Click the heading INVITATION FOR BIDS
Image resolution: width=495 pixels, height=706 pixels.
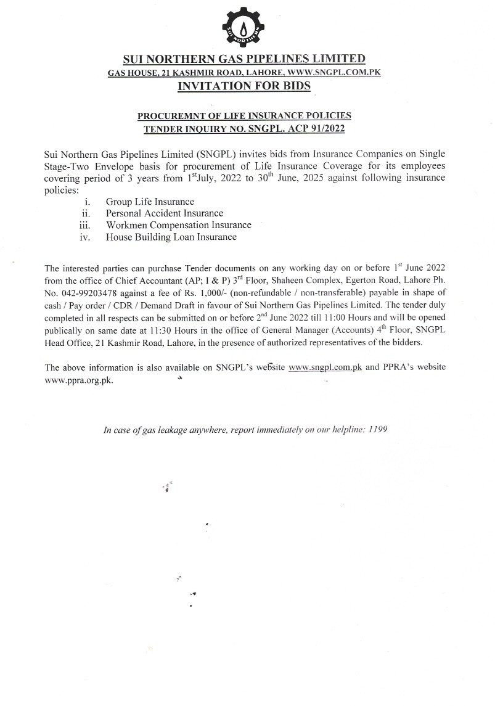(x=244, y=86)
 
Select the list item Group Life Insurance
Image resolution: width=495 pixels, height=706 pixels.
(x=150, y=202)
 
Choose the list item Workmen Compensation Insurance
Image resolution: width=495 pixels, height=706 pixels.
(x=178, y=225)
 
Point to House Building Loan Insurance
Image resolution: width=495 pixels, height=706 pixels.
(x=171, y=237)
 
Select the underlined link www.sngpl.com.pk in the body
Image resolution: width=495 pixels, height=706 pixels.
(x=325, y=367)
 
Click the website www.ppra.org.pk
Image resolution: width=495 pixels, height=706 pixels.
(x=80, y=380)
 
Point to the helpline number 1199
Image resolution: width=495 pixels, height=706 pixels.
(x=377, y=429)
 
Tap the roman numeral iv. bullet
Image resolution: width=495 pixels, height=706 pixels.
(x=86, y=237)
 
